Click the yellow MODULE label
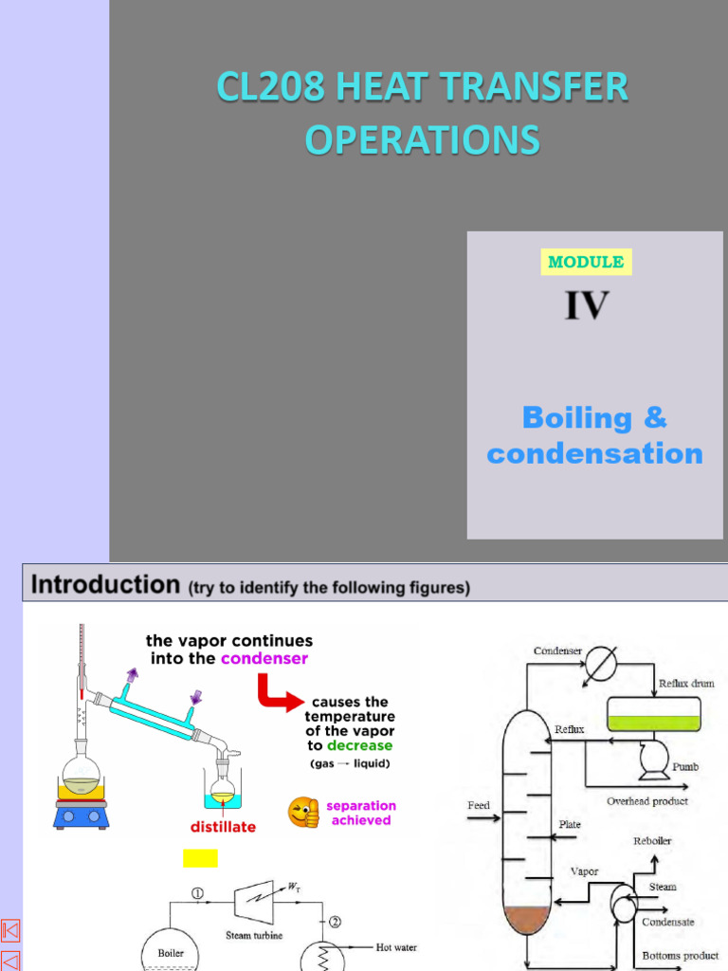click(x=586, y=262)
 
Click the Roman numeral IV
click(x=587, y=306)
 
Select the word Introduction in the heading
click(x=105, y=584)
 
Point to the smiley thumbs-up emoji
click(x=303, y=813)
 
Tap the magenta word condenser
click(x=264, y=658)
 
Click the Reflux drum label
click(x=686, y=683)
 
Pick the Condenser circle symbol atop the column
click(x=598, y=665)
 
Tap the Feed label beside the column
click(x=479, y=806)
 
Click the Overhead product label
click(x=647, y=801)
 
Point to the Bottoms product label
click(x=681, y=956)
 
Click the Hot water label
click(x=396, y=947)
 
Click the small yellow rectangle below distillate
click(x=200, y=858)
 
